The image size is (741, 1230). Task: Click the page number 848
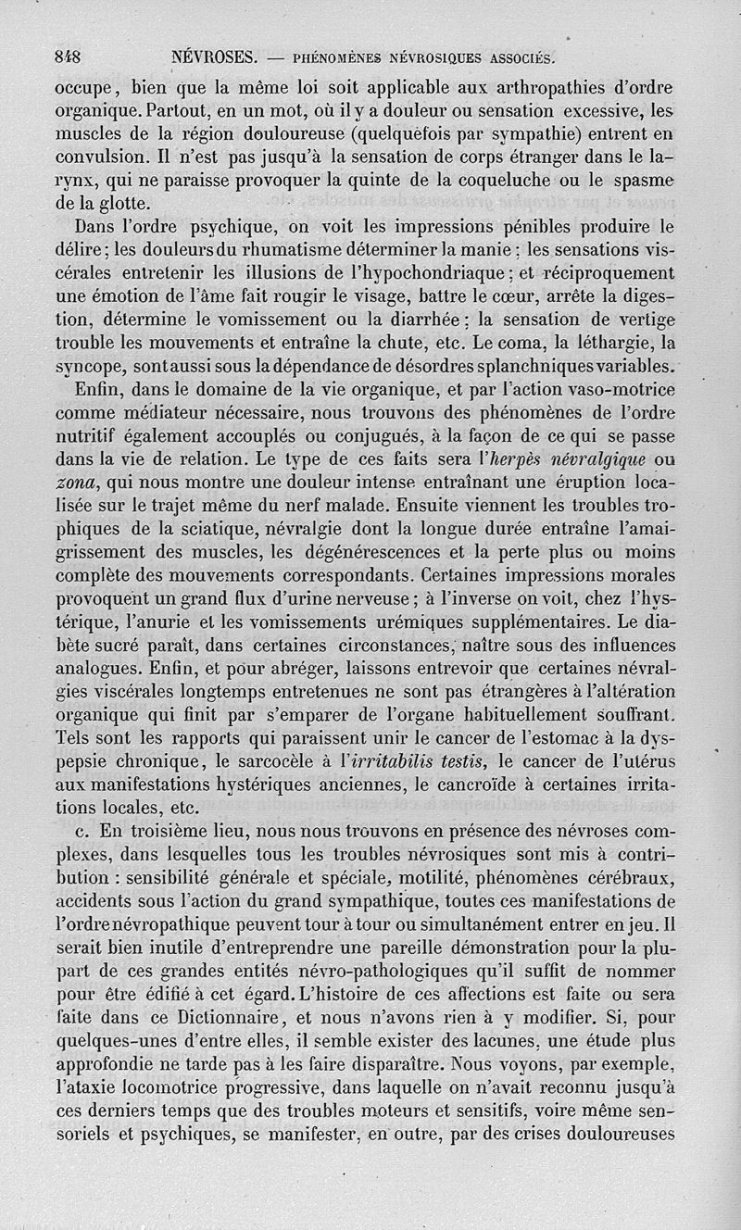(x=68, y=56)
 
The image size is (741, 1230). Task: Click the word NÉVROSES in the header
(x=213, y=57)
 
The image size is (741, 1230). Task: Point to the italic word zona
(x=77, y=482)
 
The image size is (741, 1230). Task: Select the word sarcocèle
(x=254, y=760)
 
